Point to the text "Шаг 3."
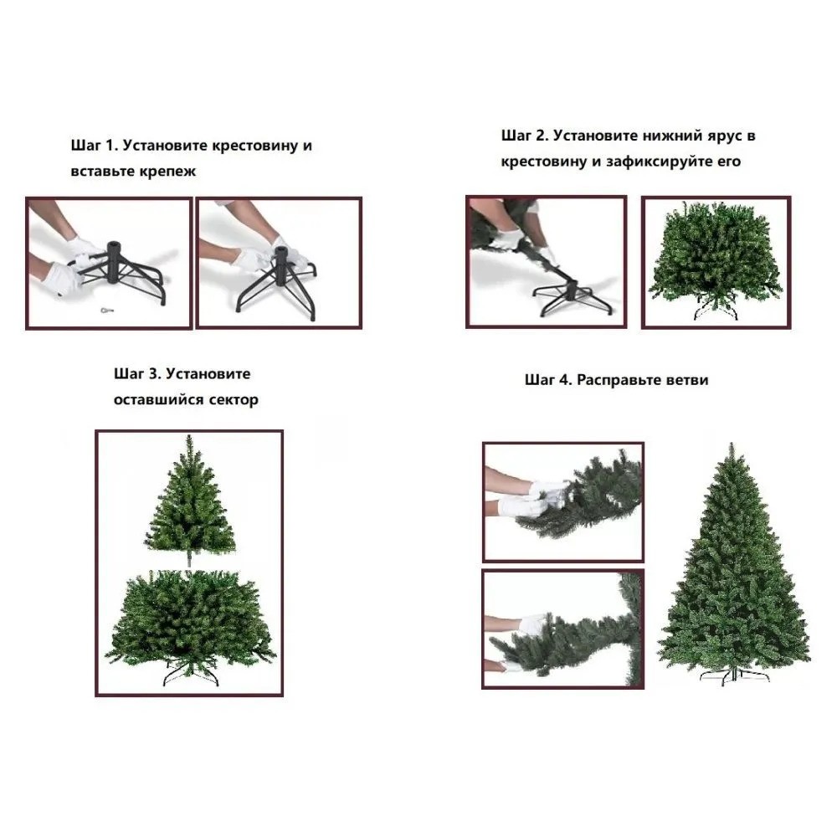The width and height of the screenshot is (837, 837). coord(137,373)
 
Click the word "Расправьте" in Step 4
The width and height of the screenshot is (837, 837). coord(619,381)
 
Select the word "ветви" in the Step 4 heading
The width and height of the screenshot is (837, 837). coord(687,380)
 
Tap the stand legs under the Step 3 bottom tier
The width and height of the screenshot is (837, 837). coord(191,673)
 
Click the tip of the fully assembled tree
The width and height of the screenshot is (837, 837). coord(732,443)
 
